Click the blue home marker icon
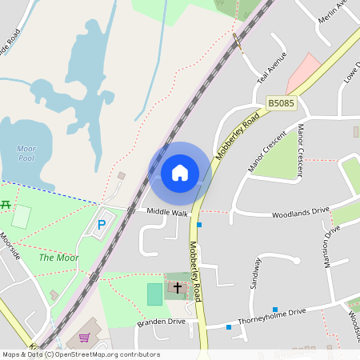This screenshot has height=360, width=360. point(180,173)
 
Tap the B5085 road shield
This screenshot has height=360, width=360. point(281,103)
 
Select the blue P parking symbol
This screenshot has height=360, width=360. point(101,226)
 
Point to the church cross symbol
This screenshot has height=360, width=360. point(177,286)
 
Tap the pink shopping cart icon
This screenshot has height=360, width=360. point(84,338)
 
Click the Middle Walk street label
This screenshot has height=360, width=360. point(167,213)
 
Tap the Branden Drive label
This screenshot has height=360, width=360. point(161,322)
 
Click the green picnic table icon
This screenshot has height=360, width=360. point(5,205)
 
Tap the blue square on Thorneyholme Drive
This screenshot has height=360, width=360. point(274,310)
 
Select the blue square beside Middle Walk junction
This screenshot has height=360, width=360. point(199,225)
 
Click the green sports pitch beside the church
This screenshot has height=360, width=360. point(154,294)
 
